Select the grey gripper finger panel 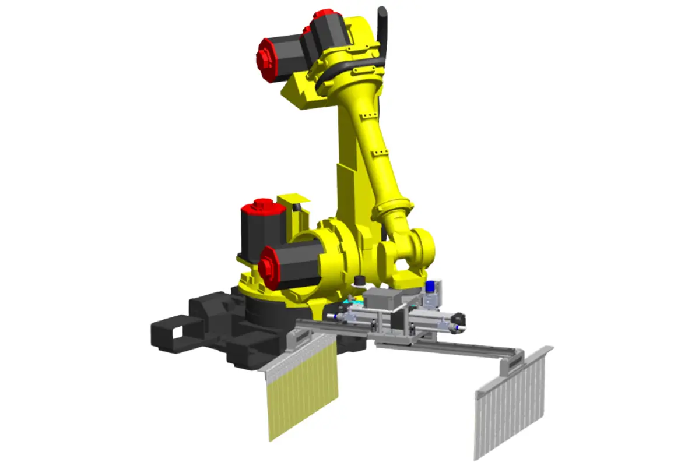(511, 408)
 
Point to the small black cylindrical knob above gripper (359, 282)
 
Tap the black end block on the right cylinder (459, 319)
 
